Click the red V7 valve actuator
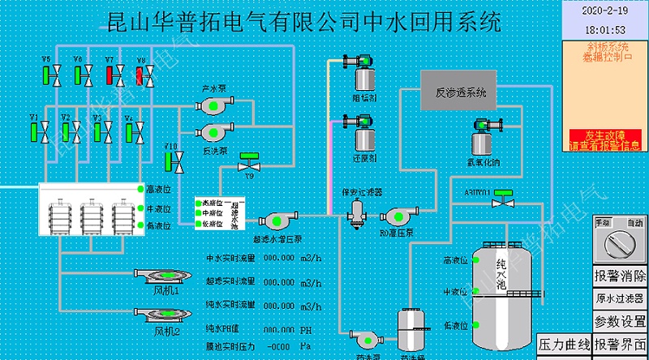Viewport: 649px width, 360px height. click(x=110, y=75)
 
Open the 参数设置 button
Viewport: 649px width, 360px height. click(x=620, y=322)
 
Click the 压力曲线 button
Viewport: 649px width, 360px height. click(x=563, y=345)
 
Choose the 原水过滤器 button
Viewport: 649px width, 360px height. click(x=620, y=298)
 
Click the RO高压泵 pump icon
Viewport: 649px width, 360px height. click(x=400, y=216)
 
